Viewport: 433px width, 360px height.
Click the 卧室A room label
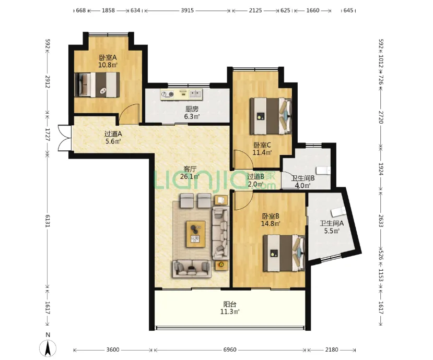[x=108, y=58]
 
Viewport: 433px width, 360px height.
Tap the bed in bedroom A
[x=97, y=85]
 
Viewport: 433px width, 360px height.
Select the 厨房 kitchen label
[x=192, y=109]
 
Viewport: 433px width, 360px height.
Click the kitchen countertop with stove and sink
[x=181, y=94]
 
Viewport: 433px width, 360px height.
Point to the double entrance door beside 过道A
[x=65, y=138]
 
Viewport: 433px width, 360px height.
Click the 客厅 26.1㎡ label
[x=190, y=173]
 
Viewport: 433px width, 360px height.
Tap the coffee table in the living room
[x=196, y=234]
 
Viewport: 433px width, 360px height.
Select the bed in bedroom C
[x=271, y=116]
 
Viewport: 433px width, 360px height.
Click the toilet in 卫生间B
[x=323, y=171]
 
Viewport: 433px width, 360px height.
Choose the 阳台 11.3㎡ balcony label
[x=230, y=308]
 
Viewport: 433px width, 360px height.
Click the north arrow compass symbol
[x=48, y=347]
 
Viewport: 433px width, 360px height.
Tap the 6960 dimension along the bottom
[x=230, y=350]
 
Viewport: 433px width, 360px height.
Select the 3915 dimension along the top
[x=188, y=10]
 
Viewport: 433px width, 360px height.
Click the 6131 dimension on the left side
[x=47, y=221]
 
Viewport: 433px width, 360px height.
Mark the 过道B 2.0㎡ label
[x=255, y=180]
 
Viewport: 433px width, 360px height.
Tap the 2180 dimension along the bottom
[x=331, y=350]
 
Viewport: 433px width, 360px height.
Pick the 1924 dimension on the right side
[x=381, y=169]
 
